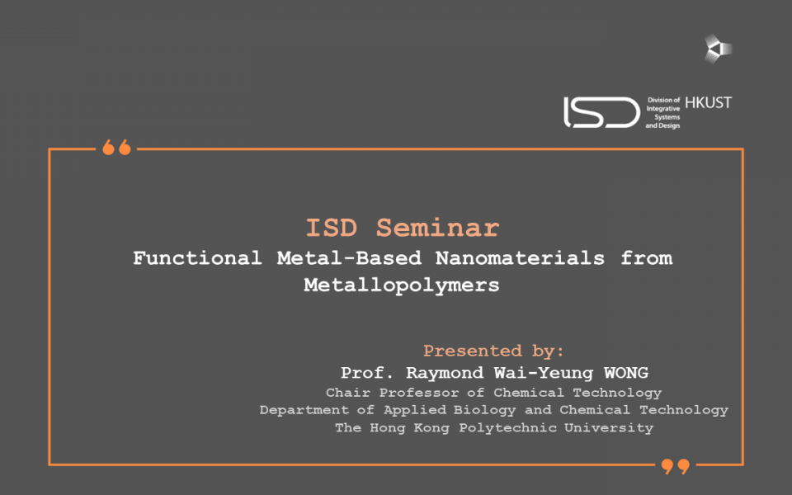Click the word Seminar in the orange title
[x=437, y=228]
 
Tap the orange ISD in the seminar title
[x=332, y=228]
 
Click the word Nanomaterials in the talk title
[x=520, y=258]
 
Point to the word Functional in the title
[x=197, y=258]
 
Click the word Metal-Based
[x=349, y=258]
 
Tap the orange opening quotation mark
[x=116, y=147]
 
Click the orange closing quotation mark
[x=676, y=466]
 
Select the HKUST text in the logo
[x=708, y=103]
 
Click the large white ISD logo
[x=601, y=112]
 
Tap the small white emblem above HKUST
[x=718, y=49]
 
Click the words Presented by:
[x=493, y=351]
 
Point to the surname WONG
[x=626, y=373]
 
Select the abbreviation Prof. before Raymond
[x=366, y=373]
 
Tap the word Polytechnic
[x=507, y=428]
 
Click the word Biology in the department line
[x=484, y=410]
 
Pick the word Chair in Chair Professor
[x=348, y=393]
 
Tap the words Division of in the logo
[x=663, y=100]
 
